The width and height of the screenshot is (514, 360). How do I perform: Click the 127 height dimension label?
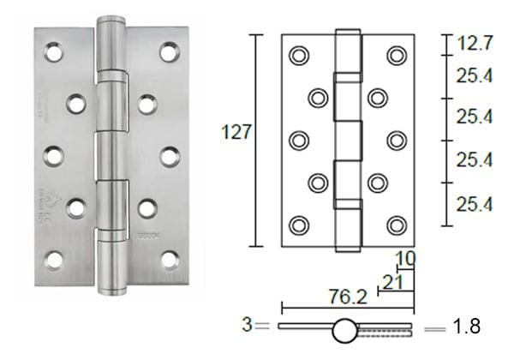pyautogui.click(x=233, y=132)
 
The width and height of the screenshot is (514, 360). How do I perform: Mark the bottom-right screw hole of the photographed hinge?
pyautogui.click(x=170, y=259)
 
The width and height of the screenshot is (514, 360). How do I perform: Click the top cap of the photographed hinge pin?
pyautogui.click(x=111, y=23)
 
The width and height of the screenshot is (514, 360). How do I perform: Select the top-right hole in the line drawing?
pyautogui.click(x=395, y=55)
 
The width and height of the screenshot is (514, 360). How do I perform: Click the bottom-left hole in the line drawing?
pyautogui.click(x=298, y=225)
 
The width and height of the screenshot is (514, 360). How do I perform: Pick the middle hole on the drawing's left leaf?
pyautogui.click(x=298, y=140)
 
